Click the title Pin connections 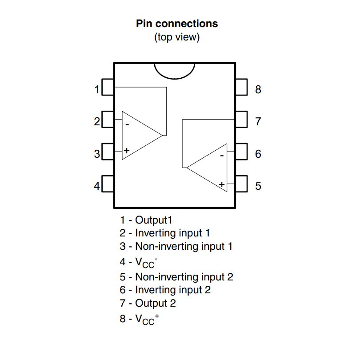click(177, 24)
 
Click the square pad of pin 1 click(108, 87)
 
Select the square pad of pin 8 click(241, 87)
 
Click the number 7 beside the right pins click(258, 121)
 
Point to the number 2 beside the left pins click(97, 121)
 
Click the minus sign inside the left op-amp click(127, 124)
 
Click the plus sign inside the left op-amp click(127, 151)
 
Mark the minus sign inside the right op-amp click(221, 156)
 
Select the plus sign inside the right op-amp click(221, 184)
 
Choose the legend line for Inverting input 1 click(164, 232)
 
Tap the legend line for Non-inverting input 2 click(176, 277)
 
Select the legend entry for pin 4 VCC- click(139, 262)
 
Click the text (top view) click(177, 37)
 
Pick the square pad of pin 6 click(241, 152)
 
